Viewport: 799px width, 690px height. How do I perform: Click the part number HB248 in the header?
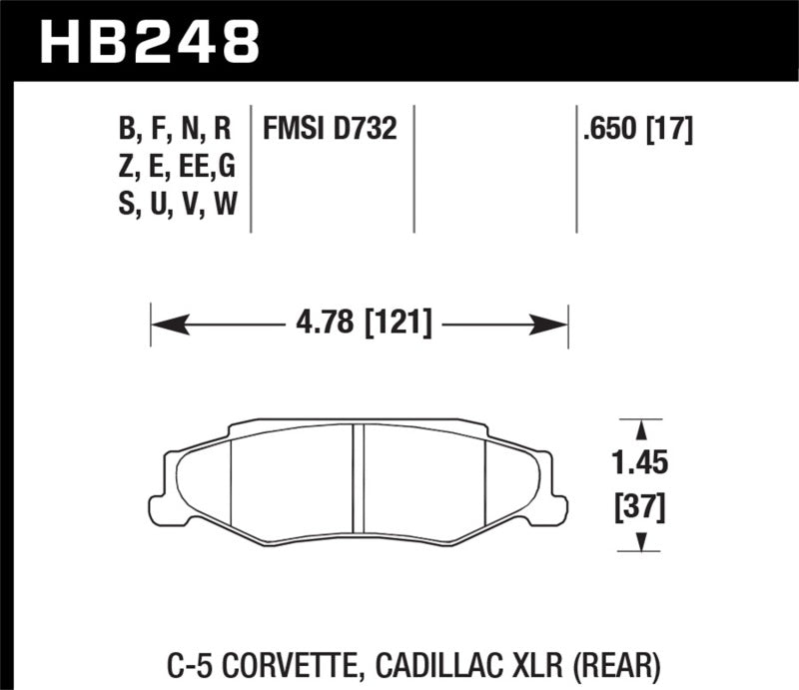point(148,38)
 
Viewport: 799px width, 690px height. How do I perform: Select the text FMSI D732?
point(330,129)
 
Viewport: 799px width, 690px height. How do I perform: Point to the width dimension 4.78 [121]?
point(363,325)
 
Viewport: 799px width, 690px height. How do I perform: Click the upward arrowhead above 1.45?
point(640,427)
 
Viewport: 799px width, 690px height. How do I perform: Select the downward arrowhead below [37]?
point(640,542)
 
